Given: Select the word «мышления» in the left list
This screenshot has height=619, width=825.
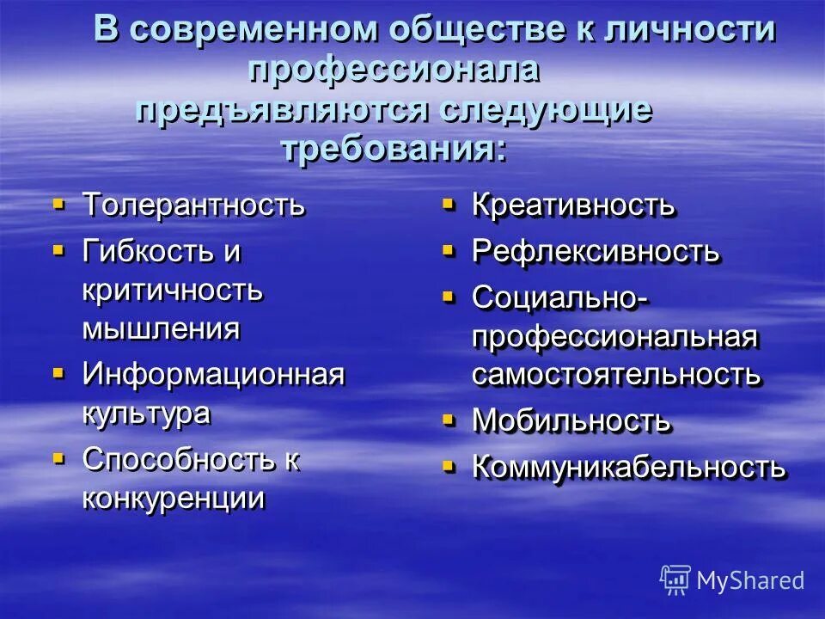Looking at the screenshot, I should click(161, 329).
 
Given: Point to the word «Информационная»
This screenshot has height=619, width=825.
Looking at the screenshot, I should click(213, 374).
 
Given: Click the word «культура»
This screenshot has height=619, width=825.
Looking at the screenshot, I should click(145, 413).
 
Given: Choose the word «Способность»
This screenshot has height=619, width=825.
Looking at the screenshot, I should click(178, 459).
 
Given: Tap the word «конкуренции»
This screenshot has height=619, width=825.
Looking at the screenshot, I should click(173, 499).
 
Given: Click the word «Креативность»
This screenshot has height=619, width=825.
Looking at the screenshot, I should click(573, 205).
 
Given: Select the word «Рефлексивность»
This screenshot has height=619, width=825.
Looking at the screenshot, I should click(596, 252).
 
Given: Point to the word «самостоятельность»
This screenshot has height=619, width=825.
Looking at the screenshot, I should click(615, 375).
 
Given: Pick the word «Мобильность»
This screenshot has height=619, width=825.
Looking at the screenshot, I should click(571, 421).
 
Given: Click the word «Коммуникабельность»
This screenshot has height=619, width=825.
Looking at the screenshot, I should click(628, 467).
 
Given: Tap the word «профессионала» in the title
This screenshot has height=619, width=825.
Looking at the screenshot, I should click(394, 70).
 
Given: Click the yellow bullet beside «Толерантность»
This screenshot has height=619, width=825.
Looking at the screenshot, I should click(58, 205).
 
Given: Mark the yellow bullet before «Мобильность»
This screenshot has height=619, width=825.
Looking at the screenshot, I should click(448, 420).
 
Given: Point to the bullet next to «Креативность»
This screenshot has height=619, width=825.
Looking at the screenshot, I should click(448, 205).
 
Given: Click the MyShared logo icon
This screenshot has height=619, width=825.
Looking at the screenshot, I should click(675, 579).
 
